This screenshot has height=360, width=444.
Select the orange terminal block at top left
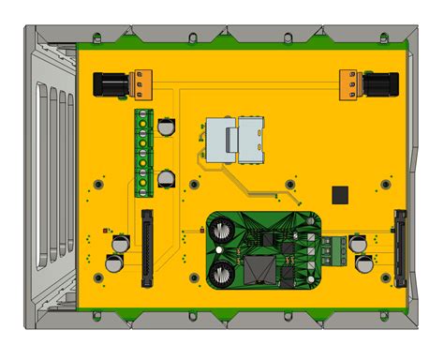(x=142, y=82)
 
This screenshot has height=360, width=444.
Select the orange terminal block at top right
(x=348, y=82)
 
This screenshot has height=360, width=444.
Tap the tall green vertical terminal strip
(x=143, y=153)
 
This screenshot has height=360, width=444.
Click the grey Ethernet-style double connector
(x=234, y=141)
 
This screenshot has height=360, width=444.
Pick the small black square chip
(x=340, y=194)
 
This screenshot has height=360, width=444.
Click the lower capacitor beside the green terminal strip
(x=167, y=178)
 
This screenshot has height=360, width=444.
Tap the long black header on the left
(x=147, y=247)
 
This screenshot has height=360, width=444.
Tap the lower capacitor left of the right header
(x=361, y=263)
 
